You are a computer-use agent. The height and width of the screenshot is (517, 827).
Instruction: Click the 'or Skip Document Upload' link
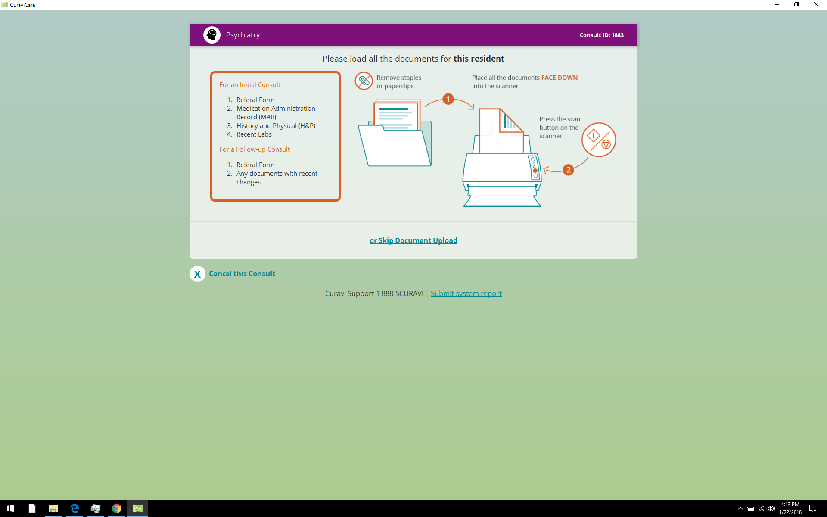[413, 240]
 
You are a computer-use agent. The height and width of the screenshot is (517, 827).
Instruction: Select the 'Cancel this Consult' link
[242, 274]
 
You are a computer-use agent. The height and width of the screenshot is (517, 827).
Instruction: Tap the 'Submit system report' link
[466, 293]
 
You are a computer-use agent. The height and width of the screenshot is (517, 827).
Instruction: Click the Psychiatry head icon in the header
[212, 35]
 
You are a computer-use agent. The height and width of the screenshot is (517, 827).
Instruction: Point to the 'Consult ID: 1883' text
[601, 35]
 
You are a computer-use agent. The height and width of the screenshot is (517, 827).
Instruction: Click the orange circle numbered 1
[448, 99]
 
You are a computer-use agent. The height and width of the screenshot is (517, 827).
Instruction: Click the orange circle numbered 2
[568, 170]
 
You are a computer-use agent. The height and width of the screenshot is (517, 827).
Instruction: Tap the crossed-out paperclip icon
[364, 81]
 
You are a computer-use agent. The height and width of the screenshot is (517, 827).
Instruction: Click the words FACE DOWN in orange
[559, 78]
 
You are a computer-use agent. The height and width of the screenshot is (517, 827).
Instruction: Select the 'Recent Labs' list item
[254, 134]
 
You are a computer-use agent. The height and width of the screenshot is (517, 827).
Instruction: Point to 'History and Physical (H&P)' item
[276, 126]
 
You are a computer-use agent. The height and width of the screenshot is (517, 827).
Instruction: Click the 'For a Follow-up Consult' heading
[254, 149]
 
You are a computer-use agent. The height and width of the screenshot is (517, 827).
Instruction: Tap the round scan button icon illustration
[599, 140]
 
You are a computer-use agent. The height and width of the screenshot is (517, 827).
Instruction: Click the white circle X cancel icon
[197, 274]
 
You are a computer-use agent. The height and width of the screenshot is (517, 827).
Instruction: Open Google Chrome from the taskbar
[116, 508]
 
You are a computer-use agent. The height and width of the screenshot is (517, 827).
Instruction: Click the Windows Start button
[10, 508]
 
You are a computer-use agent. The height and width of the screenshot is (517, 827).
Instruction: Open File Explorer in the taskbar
[53, 508]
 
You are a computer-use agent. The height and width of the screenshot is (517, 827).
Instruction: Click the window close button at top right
[816, 5]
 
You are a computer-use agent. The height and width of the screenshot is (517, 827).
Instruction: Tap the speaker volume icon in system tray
[771, 508]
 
